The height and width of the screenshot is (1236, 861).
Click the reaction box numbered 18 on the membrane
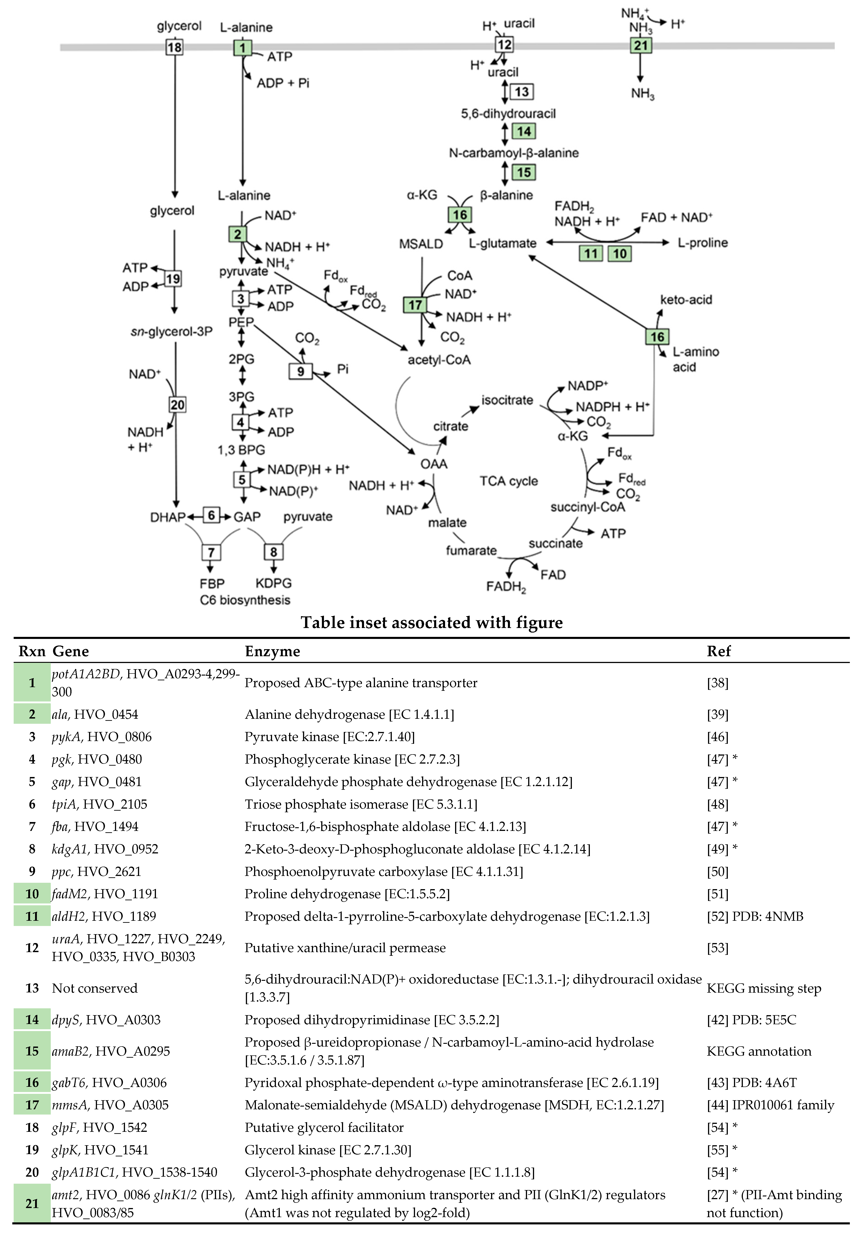tap(174, 47)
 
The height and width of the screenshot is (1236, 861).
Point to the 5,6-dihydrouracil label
tap(508, 114)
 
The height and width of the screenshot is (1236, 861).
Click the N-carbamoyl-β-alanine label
tap(513, 153)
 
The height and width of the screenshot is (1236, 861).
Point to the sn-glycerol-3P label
tap(171, 332)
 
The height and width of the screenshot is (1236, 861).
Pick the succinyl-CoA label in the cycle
tap(587, 507)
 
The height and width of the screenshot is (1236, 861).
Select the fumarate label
tap(471, 550)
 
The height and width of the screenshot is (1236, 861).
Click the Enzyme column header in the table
tap(272, 651)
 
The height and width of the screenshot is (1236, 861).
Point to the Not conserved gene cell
tap(94, 988)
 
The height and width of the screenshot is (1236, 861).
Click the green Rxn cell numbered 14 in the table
tap(32, 1020)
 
